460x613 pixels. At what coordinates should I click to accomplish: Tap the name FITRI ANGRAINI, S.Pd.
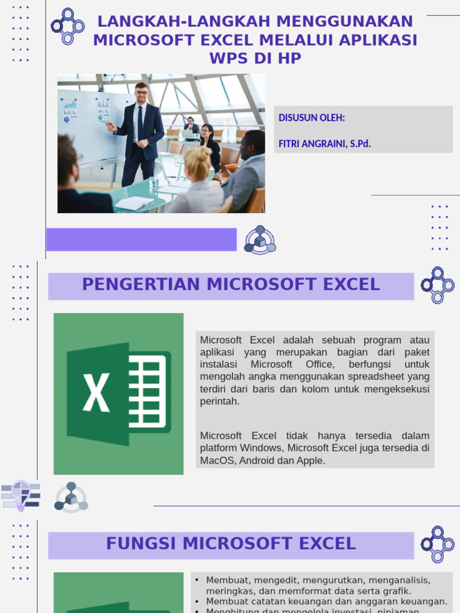point(324,144)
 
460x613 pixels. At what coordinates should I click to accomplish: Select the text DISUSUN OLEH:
point(311,118)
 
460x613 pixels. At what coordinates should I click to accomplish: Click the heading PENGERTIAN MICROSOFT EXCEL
point(231,285)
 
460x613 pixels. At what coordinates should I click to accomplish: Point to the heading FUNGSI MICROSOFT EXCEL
point(231,544)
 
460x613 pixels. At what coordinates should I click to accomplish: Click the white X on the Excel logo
point(96,393)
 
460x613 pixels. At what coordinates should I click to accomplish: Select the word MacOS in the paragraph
point(214,460)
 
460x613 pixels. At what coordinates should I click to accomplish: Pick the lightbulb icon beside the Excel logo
point(21,495)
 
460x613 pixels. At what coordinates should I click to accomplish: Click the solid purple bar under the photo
point(141,239)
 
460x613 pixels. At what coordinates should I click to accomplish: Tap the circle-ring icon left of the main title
point(67,26)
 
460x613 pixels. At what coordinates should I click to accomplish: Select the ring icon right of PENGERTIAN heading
point(437,285)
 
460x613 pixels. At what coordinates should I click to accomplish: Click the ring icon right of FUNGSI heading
point(437,544)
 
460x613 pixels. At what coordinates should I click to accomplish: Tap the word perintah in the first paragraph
point(220,401)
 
